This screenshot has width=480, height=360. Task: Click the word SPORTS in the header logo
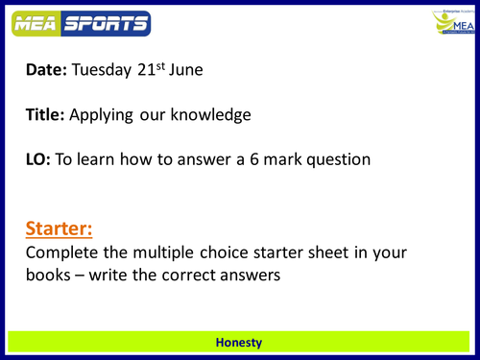[104, 22]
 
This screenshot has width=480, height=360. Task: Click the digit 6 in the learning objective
[281, 158]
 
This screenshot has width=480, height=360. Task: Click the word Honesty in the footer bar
[239, 342]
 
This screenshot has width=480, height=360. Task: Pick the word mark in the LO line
[315, 158]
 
